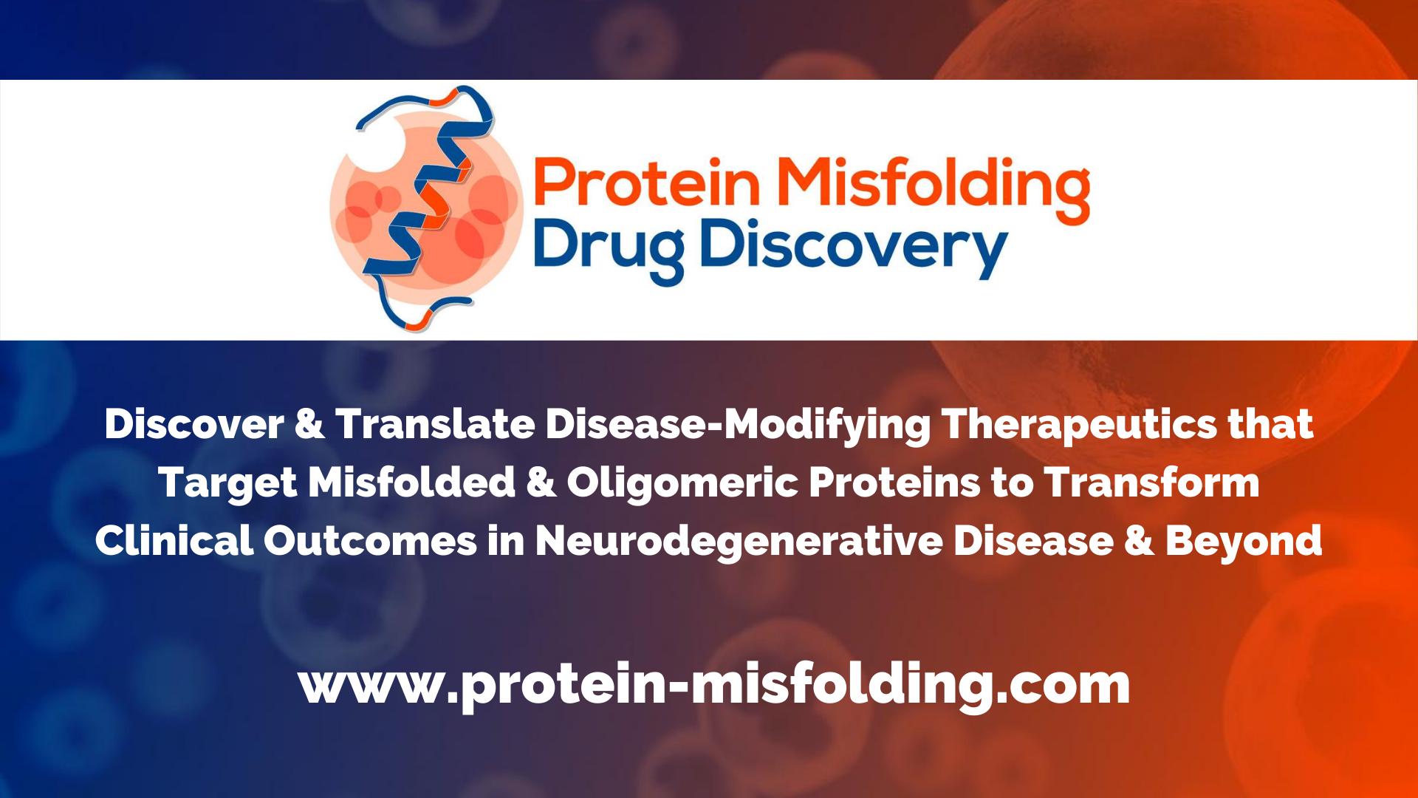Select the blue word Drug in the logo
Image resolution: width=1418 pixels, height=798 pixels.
click(x=609, y=248)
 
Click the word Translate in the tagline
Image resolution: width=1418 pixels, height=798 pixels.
click(x=435, y=424)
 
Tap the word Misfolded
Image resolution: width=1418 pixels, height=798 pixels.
click(x=411, y=482)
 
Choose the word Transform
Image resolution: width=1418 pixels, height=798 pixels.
click(x=1151, y=482)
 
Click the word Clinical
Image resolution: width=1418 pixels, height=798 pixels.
click(x=174, y=541)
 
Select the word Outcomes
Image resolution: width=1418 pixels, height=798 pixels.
click(x=370, y=541)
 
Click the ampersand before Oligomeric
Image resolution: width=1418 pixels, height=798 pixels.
click(x=541, y=483)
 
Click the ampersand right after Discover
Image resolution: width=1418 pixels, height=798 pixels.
click(x=309, y=425)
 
